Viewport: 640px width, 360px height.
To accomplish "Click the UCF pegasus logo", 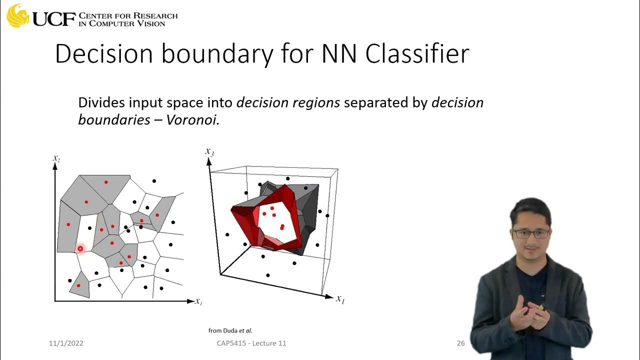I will pos(17,15).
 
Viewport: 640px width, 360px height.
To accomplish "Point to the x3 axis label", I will pos(209,151).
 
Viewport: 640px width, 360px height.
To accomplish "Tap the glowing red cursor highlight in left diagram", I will pos(80,248).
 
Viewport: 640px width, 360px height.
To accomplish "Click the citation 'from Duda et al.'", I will pos(230,330).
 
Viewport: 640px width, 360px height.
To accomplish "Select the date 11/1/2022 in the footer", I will pos(66,343).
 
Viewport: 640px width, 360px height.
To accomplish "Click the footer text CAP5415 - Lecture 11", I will pos(251,343).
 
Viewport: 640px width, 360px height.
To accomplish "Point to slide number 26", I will pos(460,343).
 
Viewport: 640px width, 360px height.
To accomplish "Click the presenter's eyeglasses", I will pos(531,233).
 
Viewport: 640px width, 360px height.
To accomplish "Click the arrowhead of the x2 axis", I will pos(54,166).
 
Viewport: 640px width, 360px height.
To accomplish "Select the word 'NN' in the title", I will pos(339,54).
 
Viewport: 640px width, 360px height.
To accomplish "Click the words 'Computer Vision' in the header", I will pos(128,23).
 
